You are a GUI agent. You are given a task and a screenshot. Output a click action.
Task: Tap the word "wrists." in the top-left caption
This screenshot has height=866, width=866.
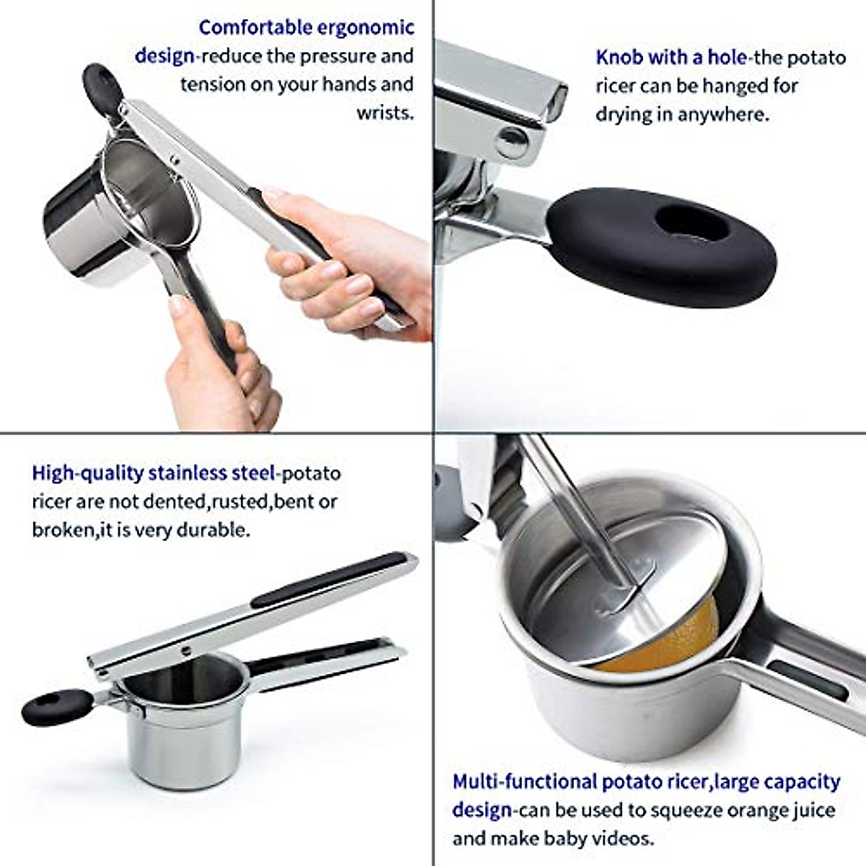[385, 113]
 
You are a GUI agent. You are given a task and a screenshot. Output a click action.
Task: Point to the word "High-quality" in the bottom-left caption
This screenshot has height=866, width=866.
[87, 473]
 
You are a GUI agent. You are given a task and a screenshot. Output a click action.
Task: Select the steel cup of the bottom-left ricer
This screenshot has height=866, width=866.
[184, 729]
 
